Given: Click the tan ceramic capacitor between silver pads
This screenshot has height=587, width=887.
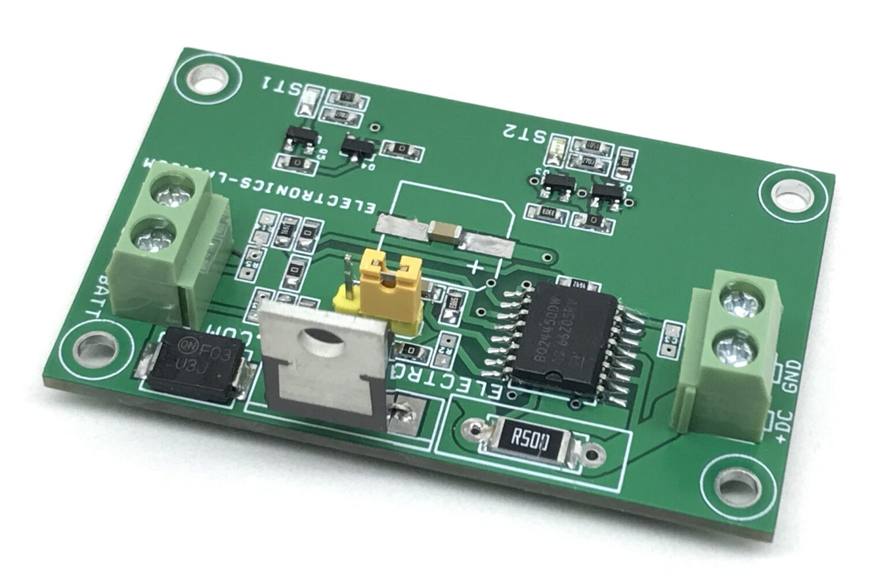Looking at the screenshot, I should pos(444,231).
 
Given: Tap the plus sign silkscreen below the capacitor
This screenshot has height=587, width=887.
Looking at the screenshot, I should pos(475,267).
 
